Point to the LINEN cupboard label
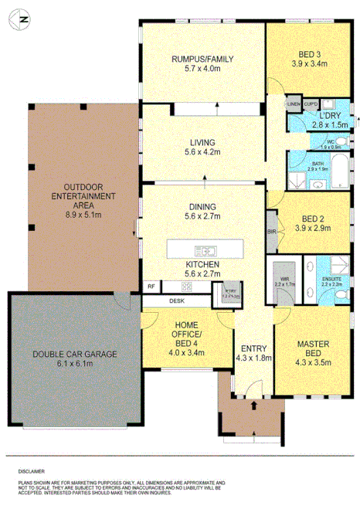click(294, 103)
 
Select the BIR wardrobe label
click(271, 232)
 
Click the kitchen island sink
click(206, 249)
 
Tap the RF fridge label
click(151, 286)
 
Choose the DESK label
click(177, 300)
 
